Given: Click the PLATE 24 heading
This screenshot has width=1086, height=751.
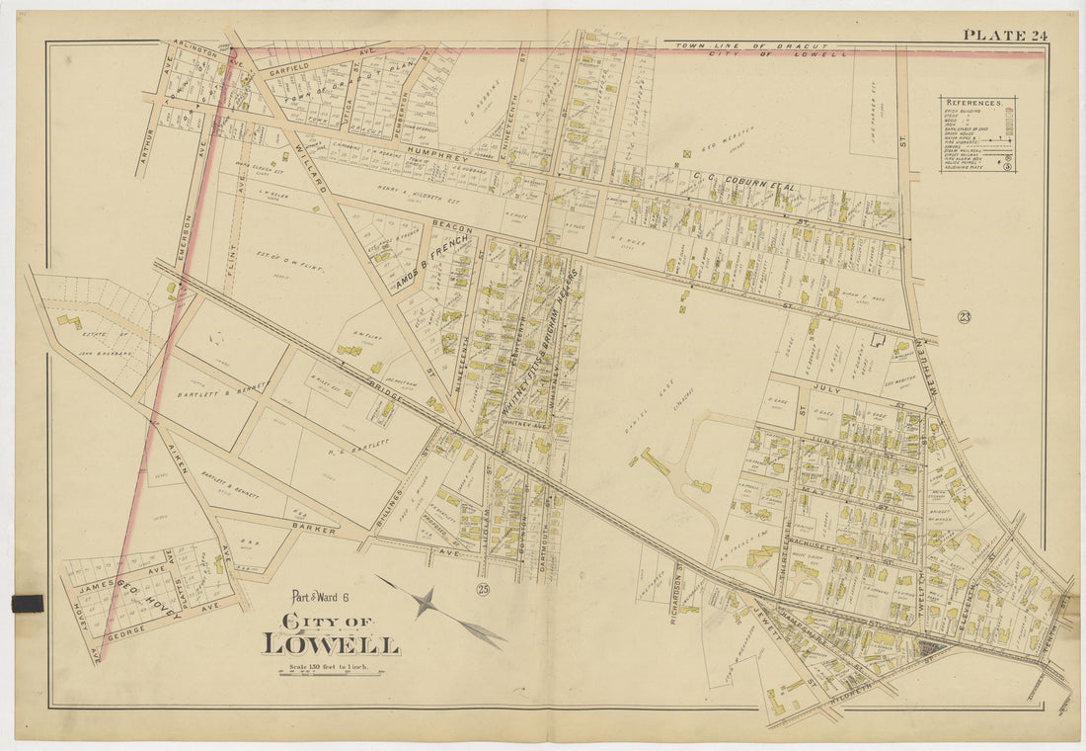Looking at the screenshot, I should click(1005, 36).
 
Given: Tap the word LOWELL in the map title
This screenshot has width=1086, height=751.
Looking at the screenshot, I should click(331, 644).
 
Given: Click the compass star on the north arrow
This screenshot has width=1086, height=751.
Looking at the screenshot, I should click(425, 601).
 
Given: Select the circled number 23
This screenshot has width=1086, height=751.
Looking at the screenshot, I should click(964, 317).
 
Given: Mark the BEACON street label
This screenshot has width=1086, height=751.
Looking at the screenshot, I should click(452, 228).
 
